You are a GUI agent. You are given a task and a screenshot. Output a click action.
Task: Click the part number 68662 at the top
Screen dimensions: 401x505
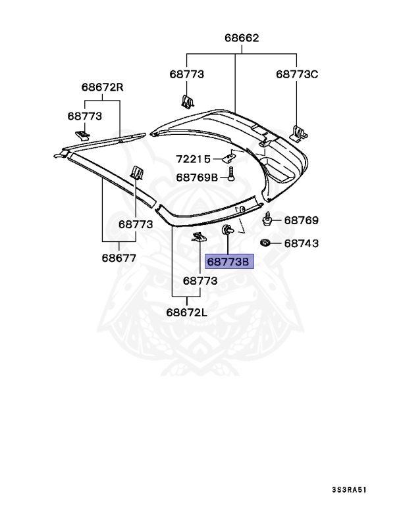[x=242, y=38]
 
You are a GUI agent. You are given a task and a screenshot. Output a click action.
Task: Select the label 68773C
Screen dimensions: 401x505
[x=297, y=74]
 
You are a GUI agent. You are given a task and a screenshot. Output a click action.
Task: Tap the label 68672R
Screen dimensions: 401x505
[x=102, y=87]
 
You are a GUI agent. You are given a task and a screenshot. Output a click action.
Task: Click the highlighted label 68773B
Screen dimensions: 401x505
[x=229, y=262]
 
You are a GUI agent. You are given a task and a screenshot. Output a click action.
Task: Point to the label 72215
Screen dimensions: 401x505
[x=193, y=159]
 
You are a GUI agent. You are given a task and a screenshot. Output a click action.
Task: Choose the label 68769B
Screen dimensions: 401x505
[x=197, y=178]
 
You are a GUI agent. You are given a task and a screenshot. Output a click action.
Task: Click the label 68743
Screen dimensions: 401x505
[x=302, y=243]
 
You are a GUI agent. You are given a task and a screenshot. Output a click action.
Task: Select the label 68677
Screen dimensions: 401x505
[x=119, y=258]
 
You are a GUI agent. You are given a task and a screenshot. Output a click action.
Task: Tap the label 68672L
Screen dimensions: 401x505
[x=187, y=312]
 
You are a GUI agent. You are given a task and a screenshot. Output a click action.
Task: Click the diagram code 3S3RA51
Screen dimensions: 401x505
[x=350, y=490]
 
